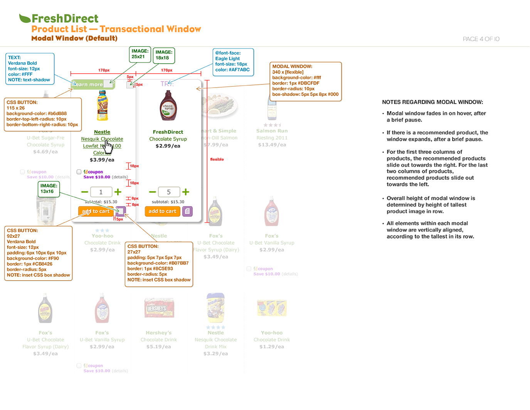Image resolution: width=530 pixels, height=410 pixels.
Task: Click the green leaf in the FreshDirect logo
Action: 25,18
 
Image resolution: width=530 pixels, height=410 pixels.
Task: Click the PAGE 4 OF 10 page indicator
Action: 481,39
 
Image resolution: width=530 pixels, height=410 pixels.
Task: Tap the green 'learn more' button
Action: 89,85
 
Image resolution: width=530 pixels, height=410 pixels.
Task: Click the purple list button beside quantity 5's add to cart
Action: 187,211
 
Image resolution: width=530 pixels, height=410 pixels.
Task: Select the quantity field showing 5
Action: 168,192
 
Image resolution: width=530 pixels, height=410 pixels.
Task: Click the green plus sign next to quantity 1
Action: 118,192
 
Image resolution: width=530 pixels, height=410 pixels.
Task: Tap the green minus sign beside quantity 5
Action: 152,192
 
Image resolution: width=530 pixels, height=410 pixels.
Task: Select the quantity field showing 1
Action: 101,192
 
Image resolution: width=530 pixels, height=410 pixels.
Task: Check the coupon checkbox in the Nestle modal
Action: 79,172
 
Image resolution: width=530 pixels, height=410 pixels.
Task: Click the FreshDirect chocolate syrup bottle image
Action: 168,106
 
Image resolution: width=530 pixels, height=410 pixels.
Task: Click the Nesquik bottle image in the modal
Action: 102,105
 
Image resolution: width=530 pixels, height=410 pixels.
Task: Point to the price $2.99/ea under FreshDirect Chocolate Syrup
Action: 168,146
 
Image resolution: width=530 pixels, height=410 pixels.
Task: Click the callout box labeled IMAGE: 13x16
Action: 49,189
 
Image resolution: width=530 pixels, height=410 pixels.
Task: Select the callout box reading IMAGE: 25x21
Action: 140,54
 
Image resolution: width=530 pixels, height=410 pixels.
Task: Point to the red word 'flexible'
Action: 217,159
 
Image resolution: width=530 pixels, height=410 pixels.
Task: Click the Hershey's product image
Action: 159,308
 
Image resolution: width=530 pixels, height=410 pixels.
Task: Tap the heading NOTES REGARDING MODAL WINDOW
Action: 432,102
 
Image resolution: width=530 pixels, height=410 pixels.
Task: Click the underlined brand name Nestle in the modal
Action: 102,132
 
